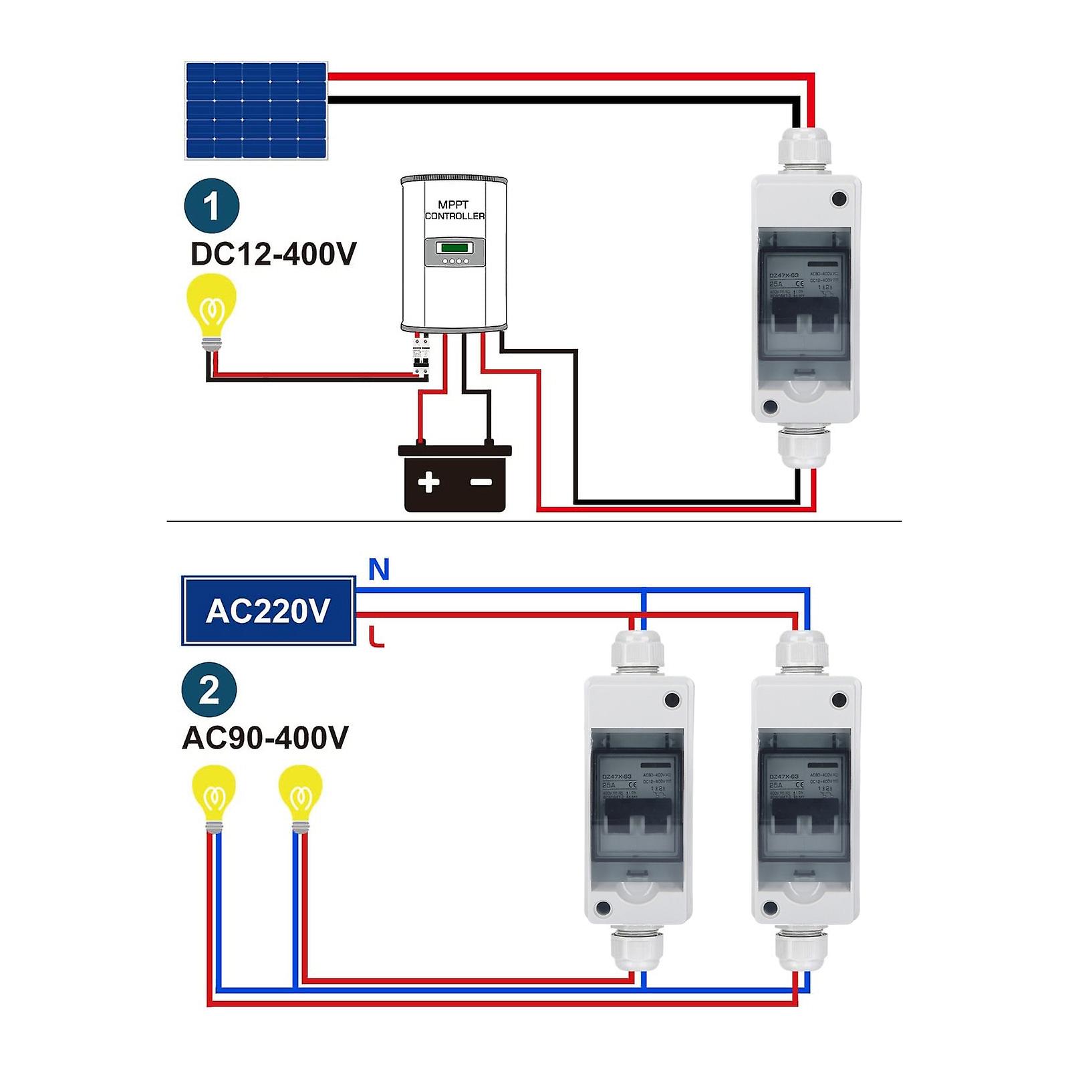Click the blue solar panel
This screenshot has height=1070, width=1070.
pyautogui.click(x=256, y=110)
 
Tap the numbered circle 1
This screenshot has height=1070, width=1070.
pyautogui.click(x=212, y=206)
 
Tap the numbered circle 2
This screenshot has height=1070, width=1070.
pyautogui.click(x=209, y=690)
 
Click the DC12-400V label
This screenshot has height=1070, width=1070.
pyautogui.click(x=273, y=254)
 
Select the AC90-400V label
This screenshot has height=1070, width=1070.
pyautogui.click(x=265, y=738)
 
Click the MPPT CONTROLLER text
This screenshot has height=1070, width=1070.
pyautogui.click(x=454, y=210)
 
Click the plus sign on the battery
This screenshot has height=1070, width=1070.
pyautogui.click(x=428, y=482)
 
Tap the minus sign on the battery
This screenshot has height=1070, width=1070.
pyautogui.click(x=481, y=482)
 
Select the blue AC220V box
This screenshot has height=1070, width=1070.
pyautogui.click(x=268, y=610)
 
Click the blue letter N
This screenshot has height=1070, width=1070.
pyautogui.click(x=378, y=570)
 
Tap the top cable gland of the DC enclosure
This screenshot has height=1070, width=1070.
pyautogui.click(x=805, y=148)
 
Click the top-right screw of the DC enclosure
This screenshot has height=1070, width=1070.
pyautogui.click(x=839, y=198)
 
